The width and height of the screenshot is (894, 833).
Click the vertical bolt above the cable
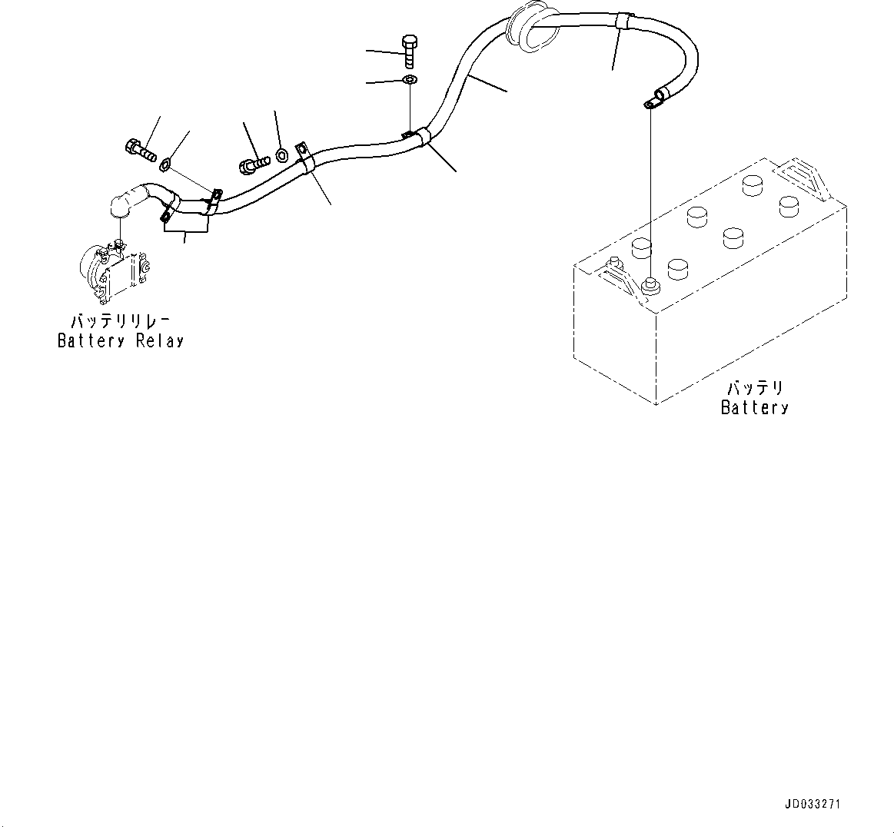(x=409, y=51)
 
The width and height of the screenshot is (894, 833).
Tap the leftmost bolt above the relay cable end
(x=138, y=148)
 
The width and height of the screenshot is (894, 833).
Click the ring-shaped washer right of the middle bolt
(x=282, y=154)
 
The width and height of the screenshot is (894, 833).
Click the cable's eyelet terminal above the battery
(x=654, y=100)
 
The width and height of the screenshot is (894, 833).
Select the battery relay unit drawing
(x=114, y=272)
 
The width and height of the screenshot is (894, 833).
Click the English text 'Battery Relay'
(x=121, y=341)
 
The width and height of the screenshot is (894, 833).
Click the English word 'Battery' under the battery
(x=754, y=408)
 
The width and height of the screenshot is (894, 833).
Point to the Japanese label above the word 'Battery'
(x=754, y=389)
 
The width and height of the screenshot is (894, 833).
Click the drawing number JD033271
(x=813, y=805)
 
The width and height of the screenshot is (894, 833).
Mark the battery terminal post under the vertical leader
(x=650, y=286)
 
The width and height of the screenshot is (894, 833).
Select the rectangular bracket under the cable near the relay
(x=185, y=223)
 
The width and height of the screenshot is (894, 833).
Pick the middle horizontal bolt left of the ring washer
(x=254, y=163)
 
